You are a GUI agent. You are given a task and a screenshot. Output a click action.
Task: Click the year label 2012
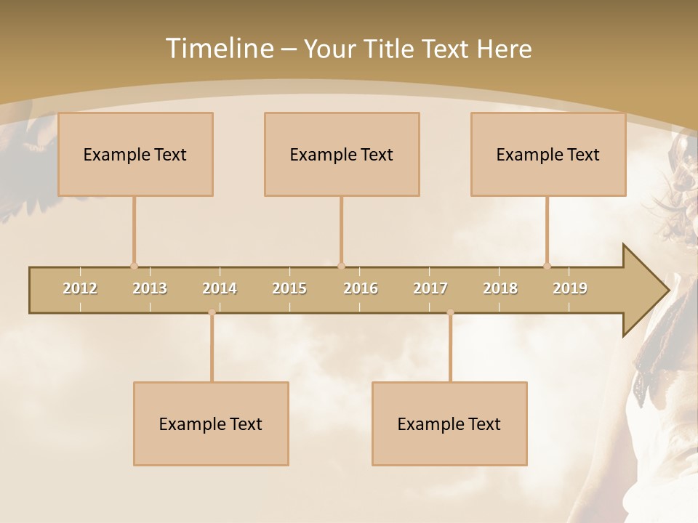[80, 288]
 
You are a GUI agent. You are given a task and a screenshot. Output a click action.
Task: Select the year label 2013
[150, 288]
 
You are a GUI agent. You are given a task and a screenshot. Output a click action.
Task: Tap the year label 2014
[220, 288]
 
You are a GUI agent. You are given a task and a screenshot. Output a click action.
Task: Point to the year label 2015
[289, 288]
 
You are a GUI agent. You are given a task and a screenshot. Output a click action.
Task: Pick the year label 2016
[361, 288]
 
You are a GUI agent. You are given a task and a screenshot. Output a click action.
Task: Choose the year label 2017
[430, 288]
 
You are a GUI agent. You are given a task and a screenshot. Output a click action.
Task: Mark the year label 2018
[500, 288]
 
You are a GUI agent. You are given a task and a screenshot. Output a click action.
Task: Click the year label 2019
[570, 288]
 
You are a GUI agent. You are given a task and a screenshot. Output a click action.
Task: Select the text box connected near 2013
[135, 154]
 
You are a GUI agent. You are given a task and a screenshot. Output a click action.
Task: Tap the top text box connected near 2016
[342, 154]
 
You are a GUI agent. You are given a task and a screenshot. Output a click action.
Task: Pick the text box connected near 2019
[548, 154]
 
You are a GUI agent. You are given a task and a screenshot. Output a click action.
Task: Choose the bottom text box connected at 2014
[211, 423]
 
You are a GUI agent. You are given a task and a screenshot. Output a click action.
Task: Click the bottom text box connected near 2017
[449, 423]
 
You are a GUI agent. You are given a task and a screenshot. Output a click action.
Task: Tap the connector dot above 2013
[134, 266]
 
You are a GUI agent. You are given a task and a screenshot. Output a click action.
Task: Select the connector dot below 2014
[212, 312]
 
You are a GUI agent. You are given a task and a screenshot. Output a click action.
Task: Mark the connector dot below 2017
[450, 312]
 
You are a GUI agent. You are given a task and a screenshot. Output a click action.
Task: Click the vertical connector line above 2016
[341, 229]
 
